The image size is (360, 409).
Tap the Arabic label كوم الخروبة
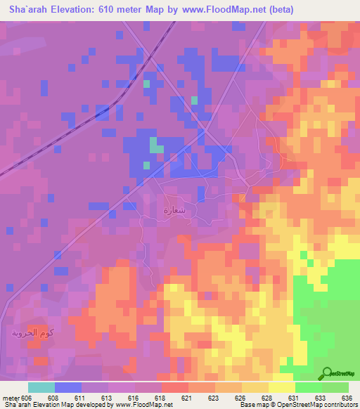33,332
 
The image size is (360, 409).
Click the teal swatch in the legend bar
41,387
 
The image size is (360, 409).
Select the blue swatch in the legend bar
68,387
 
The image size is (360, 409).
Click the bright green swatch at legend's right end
335,387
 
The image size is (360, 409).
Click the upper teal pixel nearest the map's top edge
147,84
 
